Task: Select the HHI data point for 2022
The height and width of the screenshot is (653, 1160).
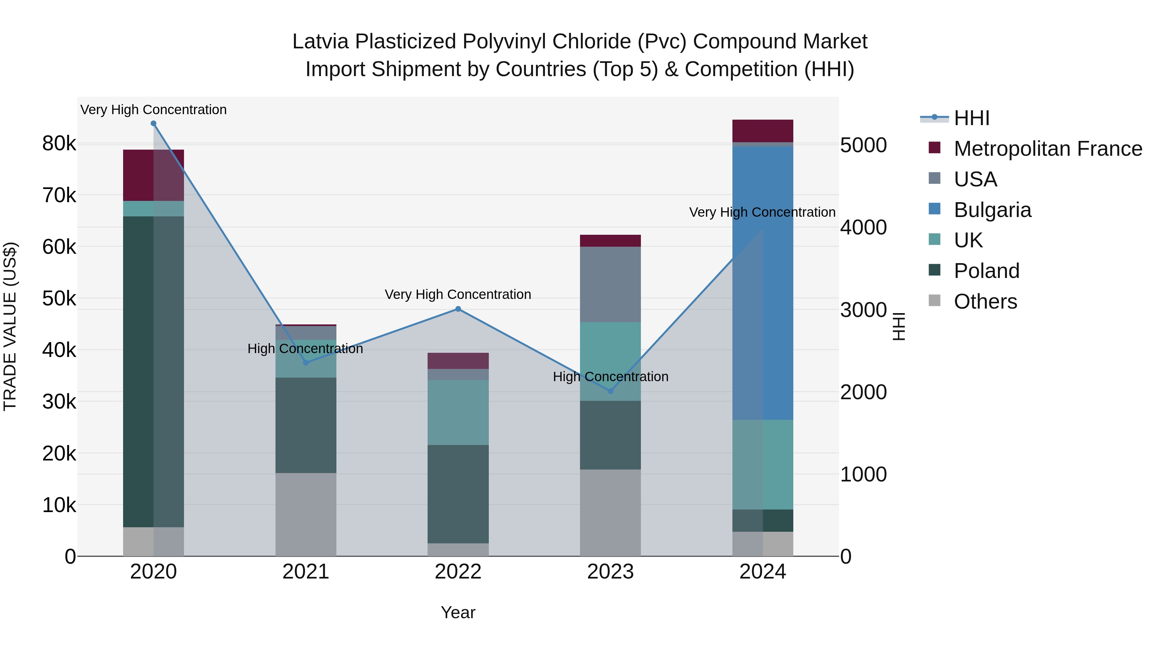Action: tap(458, 309)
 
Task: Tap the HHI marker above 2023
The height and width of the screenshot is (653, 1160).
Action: tap(610, 391)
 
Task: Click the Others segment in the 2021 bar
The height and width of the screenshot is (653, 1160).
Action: tap(306, 514)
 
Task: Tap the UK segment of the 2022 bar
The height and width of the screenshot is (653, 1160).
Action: tap(458, 412)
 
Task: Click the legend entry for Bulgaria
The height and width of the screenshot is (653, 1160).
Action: tap(992, 210)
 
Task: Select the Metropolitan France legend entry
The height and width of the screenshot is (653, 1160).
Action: tap(1048, 149)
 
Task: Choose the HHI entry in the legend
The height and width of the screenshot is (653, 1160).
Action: tap(971, 118)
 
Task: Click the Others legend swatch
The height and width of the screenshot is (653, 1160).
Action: tap(934, 301)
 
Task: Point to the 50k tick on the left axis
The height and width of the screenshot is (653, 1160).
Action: tap(59, 298)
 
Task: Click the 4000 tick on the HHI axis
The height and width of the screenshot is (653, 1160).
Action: tap(863, 228)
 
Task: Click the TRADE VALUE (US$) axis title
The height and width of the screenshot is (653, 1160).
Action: tap(10, 326)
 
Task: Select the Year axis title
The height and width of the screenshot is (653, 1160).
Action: tap(458, 612)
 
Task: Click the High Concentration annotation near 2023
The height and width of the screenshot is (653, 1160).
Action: tap(610, 377)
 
